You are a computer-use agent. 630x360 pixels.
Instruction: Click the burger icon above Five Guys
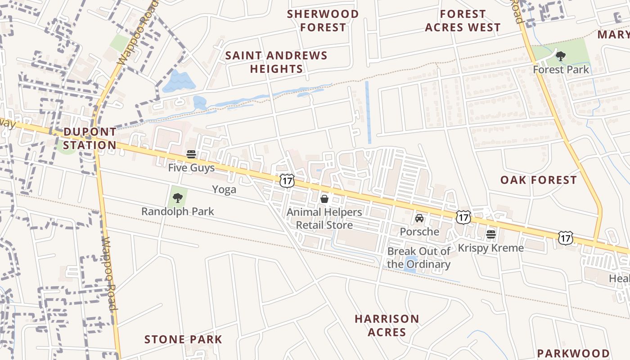191,154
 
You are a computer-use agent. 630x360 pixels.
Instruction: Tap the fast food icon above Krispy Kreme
490,234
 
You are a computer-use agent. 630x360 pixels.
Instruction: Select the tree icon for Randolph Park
178,198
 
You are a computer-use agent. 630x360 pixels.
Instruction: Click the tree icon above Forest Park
560,56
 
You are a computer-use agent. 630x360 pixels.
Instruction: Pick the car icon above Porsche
419,218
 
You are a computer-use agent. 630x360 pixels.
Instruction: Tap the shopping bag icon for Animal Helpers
324,198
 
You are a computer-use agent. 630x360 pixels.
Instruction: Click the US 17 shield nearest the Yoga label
287,181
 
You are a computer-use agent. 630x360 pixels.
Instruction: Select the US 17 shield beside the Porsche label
463,217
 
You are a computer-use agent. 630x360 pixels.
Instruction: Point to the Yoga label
224,189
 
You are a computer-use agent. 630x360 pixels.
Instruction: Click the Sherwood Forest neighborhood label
323,21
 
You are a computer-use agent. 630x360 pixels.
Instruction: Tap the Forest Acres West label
463,21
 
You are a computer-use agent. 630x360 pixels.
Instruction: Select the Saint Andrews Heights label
276,62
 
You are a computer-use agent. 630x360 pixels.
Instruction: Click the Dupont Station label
90,139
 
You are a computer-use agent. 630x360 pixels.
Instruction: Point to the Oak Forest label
538,180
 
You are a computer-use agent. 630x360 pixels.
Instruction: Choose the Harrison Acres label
387,325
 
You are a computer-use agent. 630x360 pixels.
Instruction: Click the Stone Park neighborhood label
183,339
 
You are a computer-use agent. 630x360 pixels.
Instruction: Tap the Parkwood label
573,353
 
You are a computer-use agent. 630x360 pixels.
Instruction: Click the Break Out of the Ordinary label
418,258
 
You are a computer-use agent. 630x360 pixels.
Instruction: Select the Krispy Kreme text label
490,248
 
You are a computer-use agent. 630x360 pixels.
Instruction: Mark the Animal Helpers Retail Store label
324,218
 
